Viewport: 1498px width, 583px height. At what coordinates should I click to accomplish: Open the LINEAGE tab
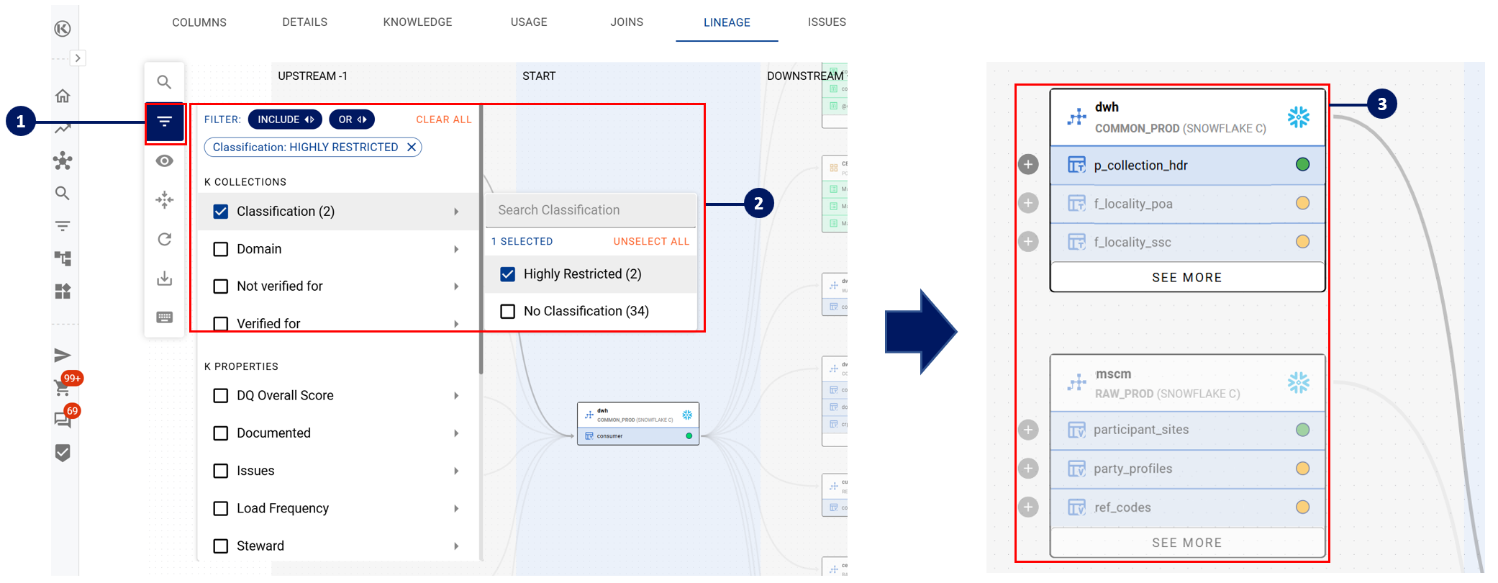[727, 22]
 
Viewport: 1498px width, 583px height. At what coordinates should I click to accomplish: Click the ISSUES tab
[826, 22]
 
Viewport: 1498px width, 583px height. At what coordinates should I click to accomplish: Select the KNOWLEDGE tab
[417, 22]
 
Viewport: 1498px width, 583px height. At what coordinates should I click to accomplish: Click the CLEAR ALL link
[443, 119]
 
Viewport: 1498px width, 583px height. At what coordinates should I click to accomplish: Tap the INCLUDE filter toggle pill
[286, 119]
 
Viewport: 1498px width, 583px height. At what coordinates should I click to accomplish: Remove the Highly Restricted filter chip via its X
[412, 147]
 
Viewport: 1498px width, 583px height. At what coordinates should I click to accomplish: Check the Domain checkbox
[221, 249]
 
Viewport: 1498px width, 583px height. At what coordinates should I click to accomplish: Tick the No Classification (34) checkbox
[508, 311]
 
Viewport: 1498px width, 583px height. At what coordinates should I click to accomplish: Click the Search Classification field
[590, 210]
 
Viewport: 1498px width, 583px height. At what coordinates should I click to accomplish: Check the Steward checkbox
[221, 546]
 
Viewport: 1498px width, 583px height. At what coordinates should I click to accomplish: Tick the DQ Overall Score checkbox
[221, 396]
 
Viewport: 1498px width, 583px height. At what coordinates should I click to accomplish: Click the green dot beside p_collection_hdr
[1302, 165]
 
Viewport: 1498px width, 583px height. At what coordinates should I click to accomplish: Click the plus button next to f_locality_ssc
[1028, 242]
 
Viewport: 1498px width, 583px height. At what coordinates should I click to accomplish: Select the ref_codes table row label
[1122, 507]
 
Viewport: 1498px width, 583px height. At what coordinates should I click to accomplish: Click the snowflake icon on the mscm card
[1298, 383]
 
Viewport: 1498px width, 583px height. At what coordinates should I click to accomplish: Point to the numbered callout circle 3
[1381, 104]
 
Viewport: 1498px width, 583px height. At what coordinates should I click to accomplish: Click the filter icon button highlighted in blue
[165, 122]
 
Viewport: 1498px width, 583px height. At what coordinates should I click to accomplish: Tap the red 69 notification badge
[72, 411]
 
